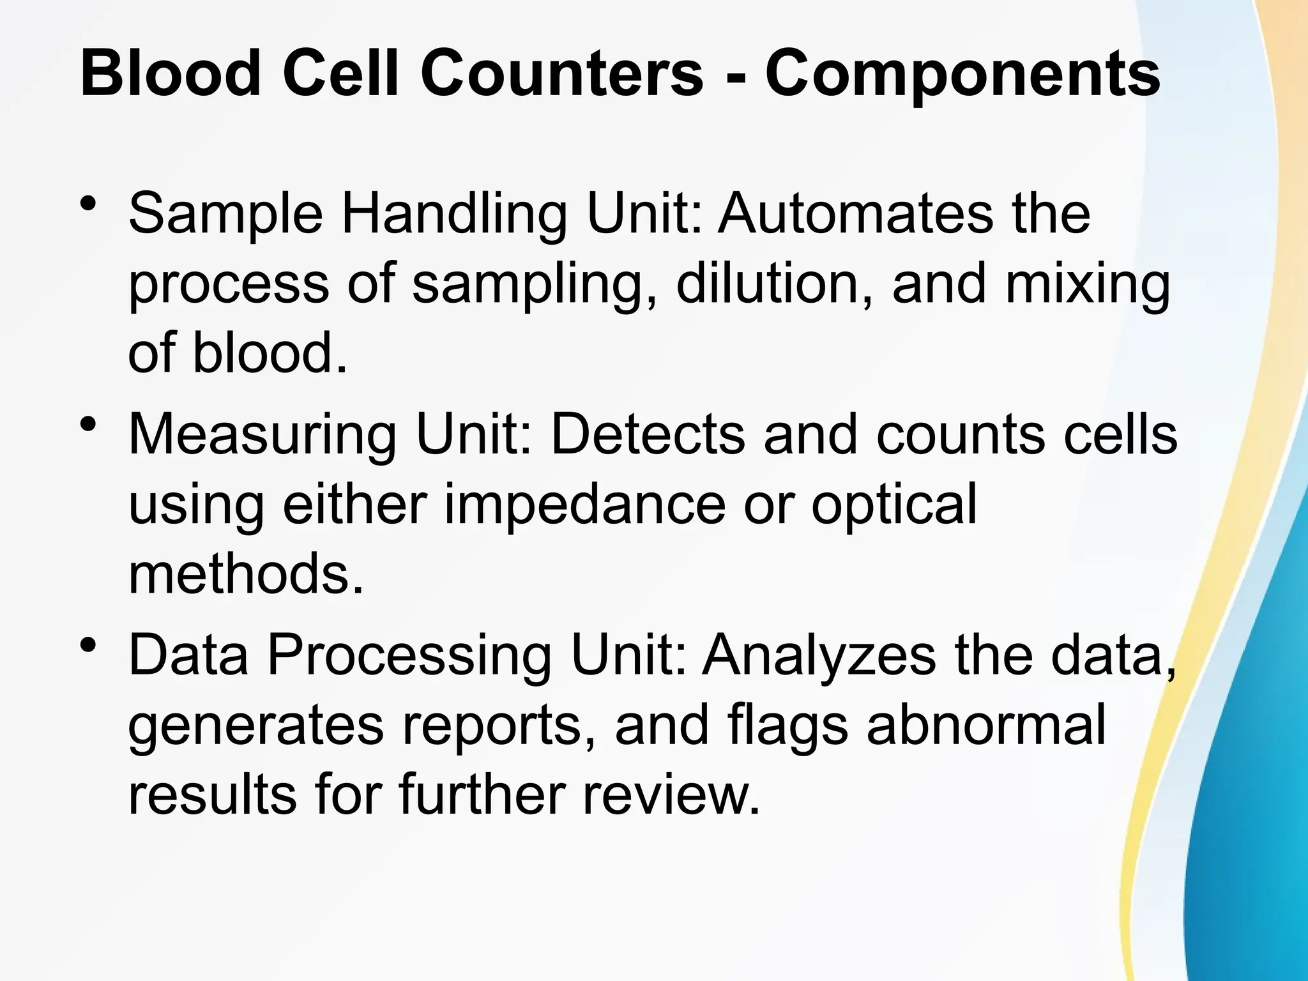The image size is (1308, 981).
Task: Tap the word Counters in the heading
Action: pyautogui.click(x=561, y=75)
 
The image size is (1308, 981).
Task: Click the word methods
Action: pyautogui.click(x=246, y=574)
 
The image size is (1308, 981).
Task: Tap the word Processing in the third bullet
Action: pyautogui.click(x=409, y=657)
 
